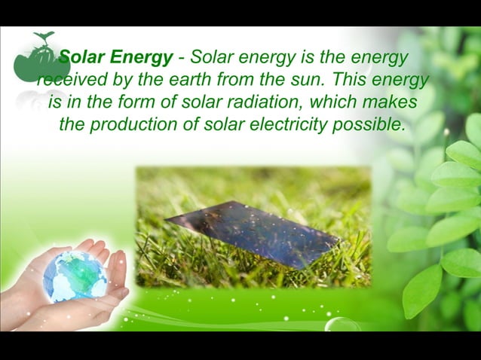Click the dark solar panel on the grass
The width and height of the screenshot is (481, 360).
(x=253, y=233)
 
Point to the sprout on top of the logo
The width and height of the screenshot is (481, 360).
(x=44, y=36)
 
